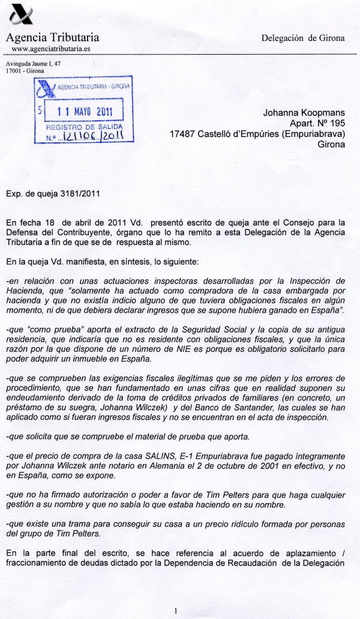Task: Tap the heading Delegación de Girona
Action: (x=303, y=38)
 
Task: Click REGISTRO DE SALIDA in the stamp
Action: (x=84, y=128)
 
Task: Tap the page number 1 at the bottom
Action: (x=176, y=611)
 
